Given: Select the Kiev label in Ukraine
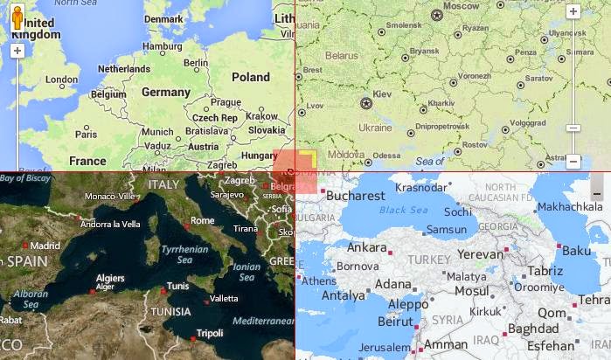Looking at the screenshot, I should coord(383,92).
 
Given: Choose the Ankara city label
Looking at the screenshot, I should coord(367,247).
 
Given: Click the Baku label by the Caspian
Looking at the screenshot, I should coord(577,251).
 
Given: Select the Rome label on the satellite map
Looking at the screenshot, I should coord(202,220).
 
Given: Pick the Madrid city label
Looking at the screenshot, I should coord(45,246).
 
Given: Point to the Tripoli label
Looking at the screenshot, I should coord(210,333).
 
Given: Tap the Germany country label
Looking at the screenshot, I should coord(166,92).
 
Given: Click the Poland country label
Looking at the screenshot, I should coord(251,77).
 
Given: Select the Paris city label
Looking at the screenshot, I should coord(86,134).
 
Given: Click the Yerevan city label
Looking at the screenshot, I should coord(482,254).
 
